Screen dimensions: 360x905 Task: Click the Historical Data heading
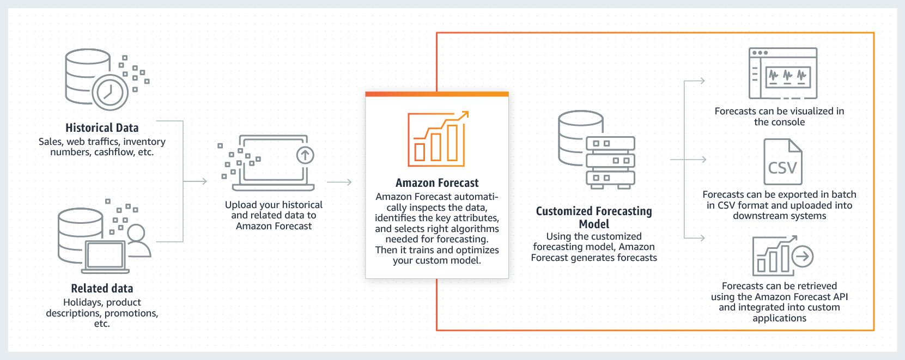102,128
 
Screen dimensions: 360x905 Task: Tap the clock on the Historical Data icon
110,92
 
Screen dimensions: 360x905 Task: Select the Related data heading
102,289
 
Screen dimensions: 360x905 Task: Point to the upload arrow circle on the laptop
305,155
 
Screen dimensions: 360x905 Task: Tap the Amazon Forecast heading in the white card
437,183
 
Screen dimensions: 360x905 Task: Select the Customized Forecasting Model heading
594,217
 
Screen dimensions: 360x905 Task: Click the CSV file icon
782,162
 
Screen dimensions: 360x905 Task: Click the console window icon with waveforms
783,74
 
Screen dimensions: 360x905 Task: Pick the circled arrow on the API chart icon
802,256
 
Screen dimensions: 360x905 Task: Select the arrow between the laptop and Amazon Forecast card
340,182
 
